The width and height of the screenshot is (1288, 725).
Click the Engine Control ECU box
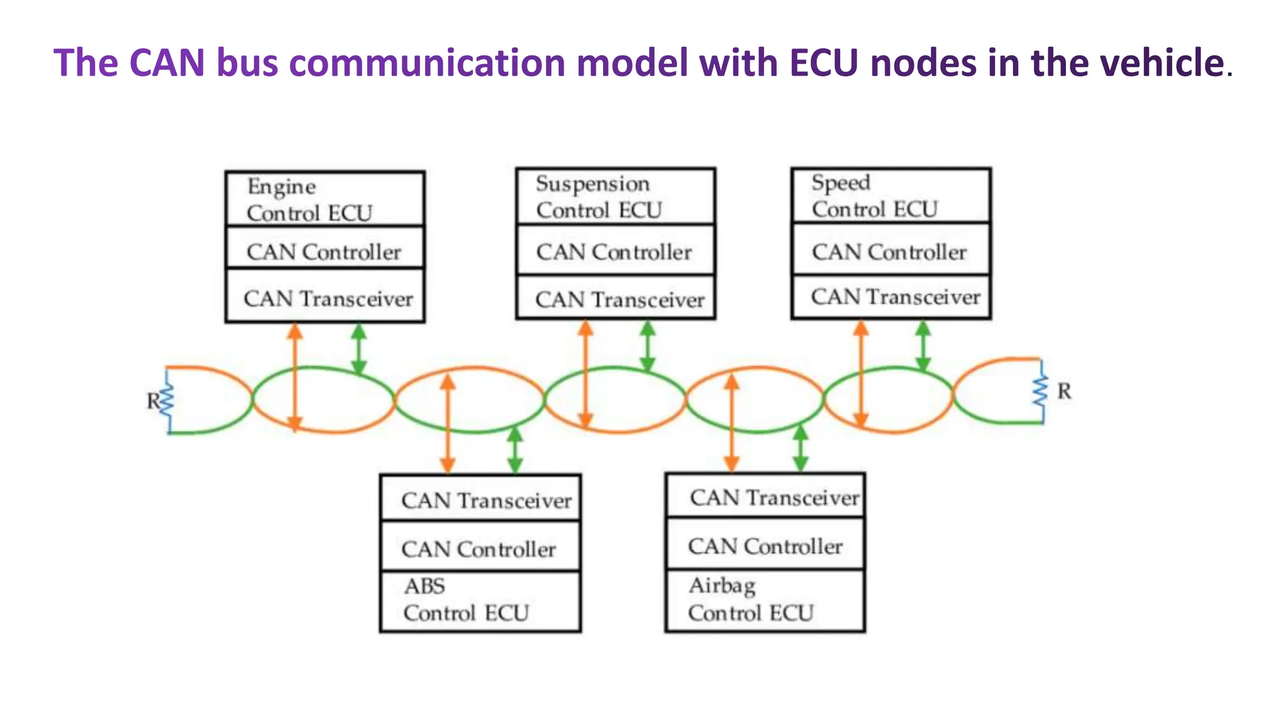point(325,199)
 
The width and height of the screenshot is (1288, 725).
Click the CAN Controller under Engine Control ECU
point(325,252)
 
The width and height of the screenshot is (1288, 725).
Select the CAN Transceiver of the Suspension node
point(619,299)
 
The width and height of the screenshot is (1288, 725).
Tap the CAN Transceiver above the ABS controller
point(486,500)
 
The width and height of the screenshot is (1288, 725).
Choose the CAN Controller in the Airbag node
point(765,546)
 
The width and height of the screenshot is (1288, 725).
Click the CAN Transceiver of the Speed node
point(895,296)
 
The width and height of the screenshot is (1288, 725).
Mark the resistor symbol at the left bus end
point(167,400)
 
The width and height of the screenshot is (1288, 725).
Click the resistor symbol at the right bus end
point(1041,391)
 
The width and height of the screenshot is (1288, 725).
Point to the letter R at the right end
point(1064,391)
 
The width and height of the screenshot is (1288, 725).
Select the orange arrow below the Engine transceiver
point(295,376)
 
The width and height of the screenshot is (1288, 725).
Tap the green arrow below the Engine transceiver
point(358,348)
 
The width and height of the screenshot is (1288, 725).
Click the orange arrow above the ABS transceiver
point(447,423)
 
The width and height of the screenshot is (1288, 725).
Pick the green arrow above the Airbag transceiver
point(800,447)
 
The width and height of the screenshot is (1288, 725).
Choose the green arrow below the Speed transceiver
point(923,346)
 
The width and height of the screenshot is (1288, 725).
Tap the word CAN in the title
point(167,63)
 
